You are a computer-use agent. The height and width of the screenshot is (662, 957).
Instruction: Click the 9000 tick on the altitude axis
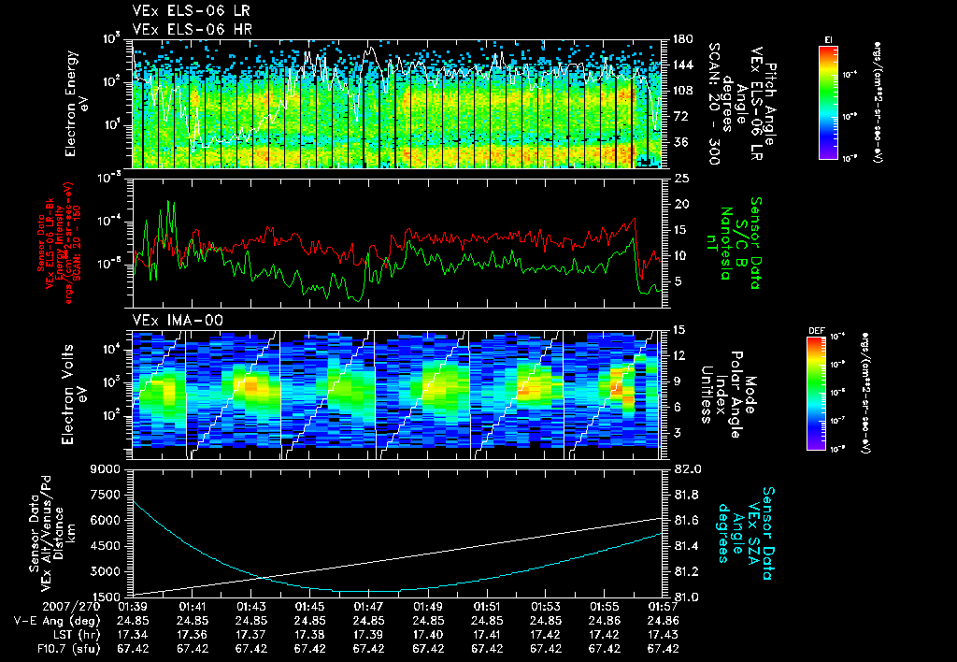coord(106,468)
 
